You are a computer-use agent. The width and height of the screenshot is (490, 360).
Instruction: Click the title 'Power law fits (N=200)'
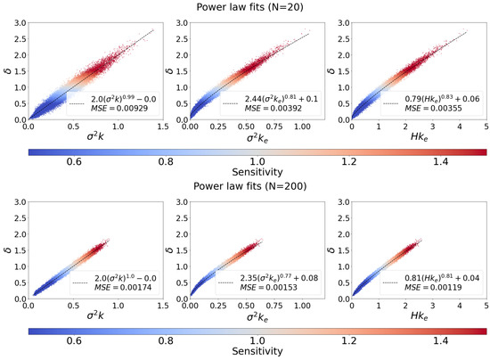(245, 188)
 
